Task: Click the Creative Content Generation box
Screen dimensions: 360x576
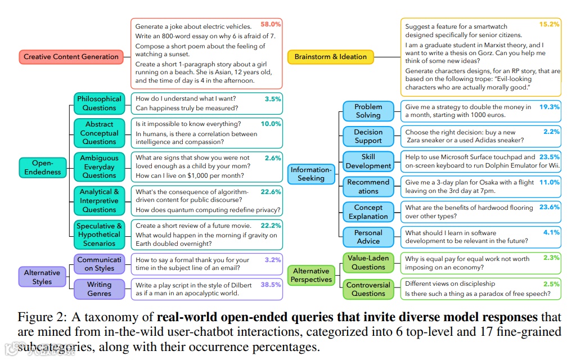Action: (x=71, y=57)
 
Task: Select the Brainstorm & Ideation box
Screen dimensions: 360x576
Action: (x=330, y=57)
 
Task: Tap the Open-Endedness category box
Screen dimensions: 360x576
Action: (x=42, y=167)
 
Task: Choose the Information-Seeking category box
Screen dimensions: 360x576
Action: (x=311, y=174)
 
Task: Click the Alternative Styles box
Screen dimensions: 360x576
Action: (x=42, y=277)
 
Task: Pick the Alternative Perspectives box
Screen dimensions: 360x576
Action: (x=311, y=276)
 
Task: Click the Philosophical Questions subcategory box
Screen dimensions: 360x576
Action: (x=100, y=103)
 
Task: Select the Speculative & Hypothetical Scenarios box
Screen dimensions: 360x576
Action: (x=100, y=235)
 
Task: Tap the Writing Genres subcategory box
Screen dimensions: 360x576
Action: (x=100, y=289)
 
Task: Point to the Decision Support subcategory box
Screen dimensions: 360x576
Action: (x=368, y=136)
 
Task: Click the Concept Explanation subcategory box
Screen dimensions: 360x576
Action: (x=368, y=212)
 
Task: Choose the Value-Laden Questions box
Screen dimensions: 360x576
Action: (x=368, y=263)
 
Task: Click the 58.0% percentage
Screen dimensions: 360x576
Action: (x=271, y=24)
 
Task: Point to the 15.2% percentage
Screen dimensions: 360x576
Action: (x=550, y=24)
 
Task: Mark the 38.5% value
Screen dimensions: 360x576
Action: (x=271, y=285)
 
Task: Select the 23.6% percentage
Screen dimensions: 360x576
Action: (x=550, y=207)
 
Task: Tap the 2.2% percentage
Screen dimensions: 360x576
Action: (x=552, y=132)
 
